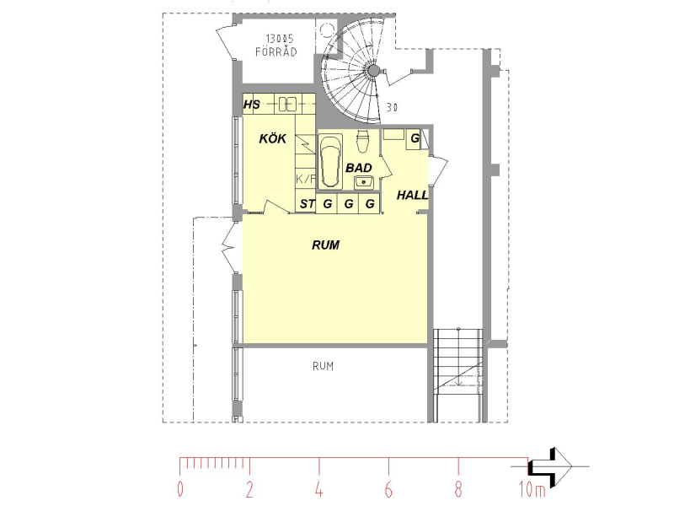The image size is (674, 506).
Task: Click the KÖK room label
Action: pos(272,138)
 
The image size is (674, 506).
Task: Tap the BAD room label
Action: pos(359,168)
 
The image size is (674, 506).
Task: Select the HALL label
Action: pos(412,196)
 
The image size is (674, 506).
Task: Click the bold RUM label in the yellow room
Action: pos(325,245)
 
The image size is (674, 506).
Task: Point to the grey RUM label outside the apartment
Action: pos(323,366)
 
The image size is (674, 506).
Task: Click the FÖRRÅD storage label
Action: pos(276,52)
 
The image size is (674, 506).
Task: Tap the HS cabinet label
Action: pos(251,105)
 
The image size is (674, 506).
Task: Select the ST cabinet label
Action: pos(307,203)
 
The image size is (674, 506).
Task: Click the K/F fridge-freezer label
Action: pos(306,179)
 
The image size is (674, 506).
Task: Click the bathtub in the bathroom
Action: pos(330,162)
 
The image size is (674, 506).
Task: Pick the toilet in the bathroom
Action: pos(363,141)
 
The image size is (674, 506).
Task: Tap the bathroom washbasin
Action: pos(365,182)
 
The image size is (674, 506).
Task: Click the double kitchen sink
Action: pos(287,104)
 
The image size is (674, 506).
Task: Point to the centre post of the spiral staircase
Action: pos(373,71)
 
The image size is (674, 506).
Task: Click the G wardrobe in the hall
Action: pos(414,139)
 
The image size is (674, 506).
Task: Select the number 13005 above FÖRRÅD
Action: pos(279,39)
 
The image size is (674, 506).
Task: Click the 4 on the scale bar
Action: pos(318,489)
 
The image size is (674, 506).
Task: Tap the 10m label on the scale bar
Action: pos(532,489)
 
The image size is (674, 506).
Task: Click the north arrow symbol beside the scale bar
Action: pos(551,466)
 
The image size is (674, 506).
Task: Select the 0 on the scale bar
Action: pos(180,489)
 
